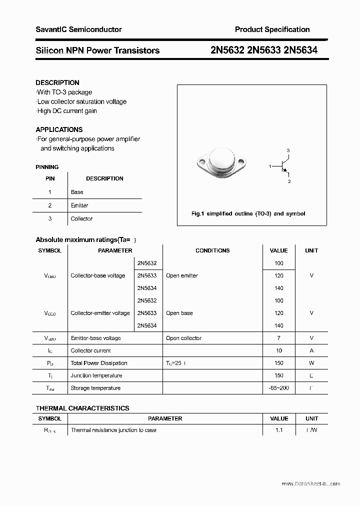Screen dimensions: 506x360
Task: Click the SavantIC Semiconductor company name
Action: pos(78,29)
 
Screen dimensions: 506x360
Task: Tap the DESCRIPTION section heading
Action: pos(57,82)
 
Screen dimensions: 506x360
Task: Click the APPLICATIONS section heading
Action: pos(59,129)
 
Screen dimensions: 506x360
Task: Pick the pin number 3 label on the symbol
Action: pos(288,150)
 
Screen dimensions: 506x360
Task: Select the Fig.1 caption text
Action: pos(248,213)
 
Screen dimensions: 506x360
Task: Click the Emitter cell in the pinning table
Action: pos(79,205)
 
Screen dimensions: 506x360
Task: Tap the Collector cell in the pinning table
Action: pos(81,219)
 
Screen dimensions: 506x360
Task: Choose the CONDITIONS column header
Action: pos(212,250)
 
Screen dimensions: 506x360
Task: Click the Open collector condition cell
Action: pos(183,338)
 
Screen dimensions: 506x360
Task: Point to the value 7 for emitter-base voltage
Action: pos(278,338)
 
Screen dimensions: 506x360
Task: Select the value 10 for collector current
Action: pos(278,350)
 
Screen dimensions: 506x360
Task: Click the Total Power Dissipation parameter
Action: pos(99,363)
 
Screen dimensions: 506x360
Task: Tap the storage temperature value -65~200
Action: pos(278,388)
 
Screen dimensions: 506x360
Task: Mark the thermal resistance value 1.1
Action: pos(278,430)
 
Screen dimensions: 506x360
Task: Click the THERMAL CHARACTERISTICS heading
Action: pos(82,408)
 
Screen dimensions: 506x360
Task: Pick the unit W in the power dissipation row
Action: pos(311,363)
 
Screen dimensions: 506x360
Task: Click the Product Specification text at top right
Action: pos(272,29)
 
